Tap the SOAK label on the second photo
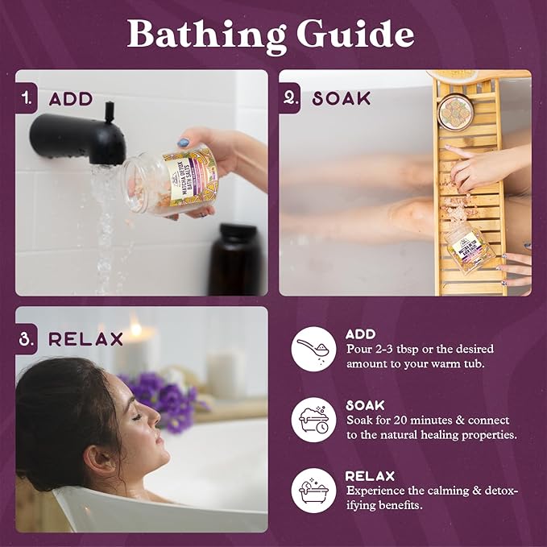pyautogui.click(x=342, y=99)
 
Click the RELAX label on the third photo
pyautogui.click(x=85, y=338)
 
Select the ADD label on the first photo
pyautogui.click(x=71, y=100)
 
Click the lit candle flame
pyautogui.click(x=136, y=328)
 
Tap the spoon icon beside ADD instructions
pyautogui.click(x=313, y=348)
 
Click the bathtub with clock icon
pyautogui.click(x=313, y=418)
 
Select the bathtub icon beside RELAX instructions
pyautogui.click(x=313, y=491)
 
